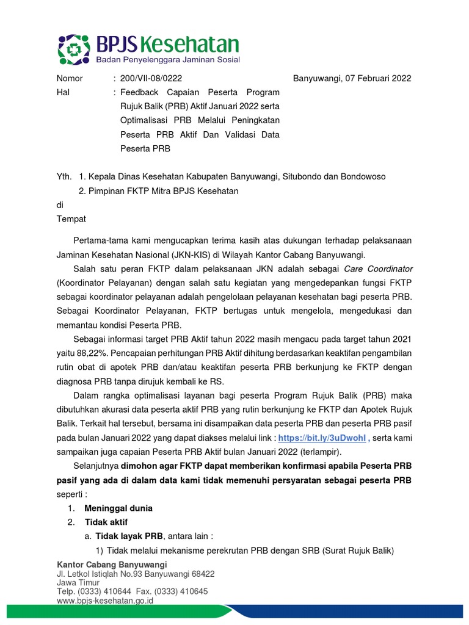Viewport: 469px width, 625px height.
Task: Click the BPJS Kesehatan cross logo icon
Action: (x=75, y=49)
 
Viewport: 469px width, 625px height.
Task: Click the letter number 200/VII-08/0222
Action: (x=151, y=78)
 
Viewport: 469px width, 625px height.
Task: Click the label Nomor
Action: (x=70, y=78)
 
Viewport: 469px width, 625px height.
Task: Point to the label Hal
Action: (x=63, y=92)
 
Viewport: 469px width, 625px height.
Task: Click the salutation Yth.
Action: (x=64, y=176)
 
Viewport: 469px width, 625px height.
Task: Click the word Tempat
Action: (x=71, y=219)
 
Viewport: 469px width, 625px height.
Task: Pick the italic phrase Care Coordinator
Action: (x=378, y=269)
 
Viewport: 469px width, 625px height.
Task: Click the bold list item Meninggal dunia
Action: (x=118, y=508)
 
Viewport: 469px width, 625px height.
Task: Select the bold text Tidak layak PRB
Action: (x=128, y=536)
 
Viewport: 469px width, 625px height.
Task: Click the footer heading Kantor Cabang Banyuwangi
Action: (x=112, y=565)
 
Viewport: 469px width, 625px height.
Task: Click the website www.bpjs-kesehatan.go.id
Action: (x=104, y=601)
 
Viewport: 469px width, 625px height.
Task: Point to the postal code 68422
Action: (x=200, y=574)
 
